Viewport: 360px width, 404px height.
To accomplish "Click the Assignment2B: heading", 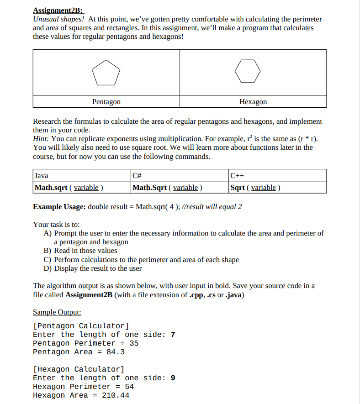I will [58, 10].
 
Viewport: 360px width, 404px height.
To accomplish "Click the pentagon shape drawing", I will [106, 72].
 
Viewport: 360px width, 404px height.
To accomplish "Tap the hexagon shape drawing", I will [248, 72].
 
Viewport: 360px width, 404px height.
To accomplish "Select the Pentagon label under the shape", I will [106, 102].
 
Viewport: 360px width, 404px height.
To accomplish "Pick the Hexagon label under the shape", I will [253, 102].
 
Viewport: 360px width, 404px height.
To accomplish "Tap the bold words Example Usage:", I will [59, 206].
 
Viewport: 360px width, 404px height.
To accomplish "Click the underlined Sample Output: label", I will [57, 312].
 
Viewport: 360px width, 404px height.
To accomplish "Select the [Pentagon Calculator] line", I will [81, 325].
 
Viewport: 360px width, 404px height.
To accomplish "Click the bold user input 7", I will [173, 334].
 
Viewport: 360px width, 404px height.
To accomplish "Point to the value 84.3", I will [116, 352].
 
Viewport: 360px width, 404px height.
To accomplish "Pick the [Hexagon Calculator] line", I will [79, 369].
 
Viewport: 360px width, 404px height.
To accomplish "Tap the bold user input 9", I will [173, 378].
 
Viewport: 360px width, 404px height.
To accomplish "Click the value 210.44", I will [116, 395].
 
